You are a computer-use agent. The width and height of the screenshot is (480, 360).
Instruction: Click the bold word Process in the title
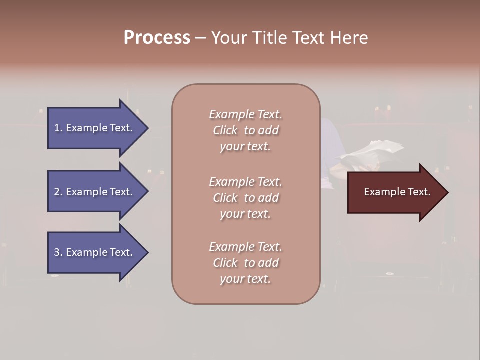(x=157, y=38)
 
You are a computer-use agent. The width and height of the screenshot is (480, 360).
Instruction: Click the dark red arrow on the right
(x=395, y=192)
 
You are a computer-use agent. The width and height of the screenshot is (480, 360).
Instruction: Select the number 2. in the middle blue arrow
(x=58, y=192)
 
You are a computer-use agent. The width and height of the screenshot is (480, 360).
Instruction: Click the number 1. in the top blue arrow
(x=58, y=128)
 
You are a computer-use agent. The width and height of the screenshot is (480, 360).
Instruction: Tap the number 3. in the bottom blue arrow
(x=58, y=252)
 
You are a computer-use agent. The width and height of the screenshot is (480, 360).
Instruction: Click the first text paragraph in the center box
(x=245, y=130)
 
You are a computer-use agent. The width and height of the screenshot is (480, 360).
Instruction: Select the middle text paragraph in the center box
(x=245, y=198)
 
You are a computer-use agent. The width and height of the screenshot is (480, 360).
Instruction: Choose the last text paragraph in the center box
(x=245, y=263)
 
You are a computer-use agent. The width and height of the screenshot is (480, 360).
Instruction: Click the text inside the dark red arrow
(x=397, y=192)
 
